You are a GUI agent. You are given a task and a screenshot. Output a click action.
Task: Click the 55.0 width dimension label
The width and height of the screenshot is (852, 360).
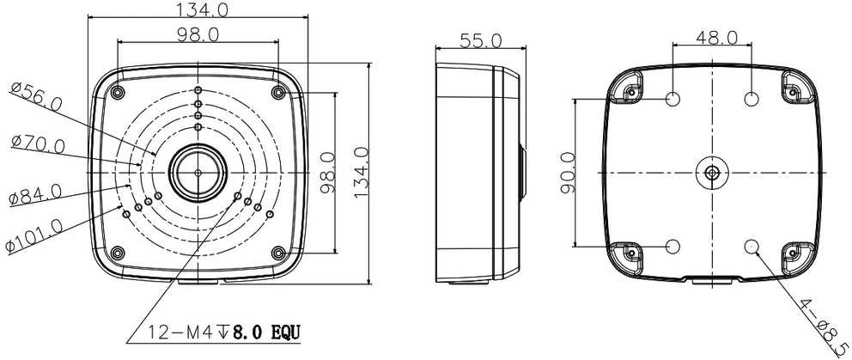point(481,40)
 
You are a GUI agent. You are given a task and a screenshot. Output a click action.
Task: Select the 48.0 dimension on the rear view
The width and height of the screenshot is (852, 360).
point(716,38)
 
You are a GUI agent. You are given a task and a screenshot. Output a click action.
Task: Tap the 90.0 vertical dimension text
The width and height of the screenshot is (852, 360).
point(567,173)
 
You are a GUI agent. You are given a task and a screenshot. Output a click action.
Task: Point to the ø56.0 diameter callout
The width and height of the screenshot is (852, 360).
point(36,97)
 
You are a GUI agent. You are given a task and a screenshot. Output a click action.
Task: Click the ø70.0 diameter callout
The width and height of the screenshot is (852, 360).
point(38,144)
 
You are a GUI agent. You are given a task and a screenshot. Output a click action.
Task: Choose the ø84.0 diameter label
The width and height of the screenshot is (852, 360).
point(36,195)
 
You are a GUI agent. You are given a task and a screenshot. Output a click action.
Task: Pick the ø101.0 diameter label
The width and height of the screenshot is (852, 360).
point(33,236)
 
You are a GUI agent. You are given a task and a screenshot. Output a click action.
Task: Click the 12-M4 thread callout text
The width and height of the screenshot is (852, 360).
point(184,333)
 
